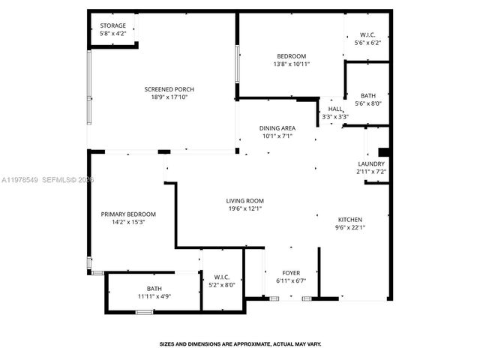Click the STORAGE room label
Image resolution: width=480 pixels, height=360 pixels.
[x=113, y=25]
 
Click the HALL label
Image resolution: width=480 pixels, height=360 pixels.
[x=334, y=109]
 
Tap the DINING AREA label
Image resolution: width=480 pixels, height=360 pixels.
[x=277, y=128]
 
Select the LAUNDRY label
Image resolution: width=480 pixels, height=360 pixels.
[x=370, y=164]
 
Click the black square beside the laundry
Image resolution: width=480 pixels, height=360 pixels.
[x=383, y=151]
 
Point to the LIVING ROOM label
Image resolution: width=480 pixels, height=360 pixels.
[x=245, y=200]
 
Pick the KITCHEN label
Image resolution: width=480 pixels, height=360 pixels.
[x=349, y=220]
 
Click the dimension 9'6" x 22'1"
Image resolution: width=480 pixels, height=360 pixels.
[x=349, y=227]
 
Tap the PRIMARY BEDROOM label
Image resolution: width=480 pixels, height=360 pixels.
[x=128, y=214]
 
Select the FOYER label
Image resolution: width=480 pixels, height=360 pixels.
[x=291, y=272]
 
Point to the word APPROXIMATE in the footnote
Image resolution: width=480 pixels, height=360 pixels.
[x=247, y=344]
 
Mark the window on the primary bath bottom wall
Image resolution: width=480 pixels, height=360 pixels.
[x=145, y=311]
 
